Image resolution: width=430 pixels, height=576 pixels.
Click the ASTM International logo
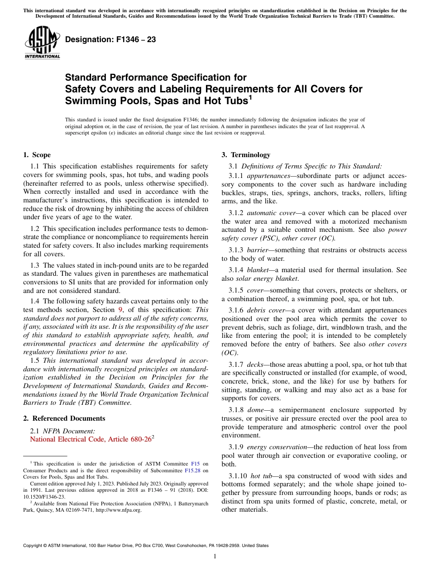pos(42,42)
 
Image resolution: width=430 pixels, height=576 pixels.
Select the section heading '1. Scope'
pos(37,155)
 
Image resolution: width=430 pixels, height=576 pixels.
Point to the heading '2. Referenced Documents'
pos(64,418)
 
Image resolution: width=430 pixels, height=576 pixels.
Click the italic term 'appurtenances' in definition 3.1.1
pos(268,176)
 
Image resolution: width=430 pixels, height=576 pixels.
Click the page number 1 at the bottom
pos(215,557)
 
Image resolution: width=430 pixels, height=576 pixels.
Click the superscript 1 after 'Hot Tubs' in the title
pos(250,97)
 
